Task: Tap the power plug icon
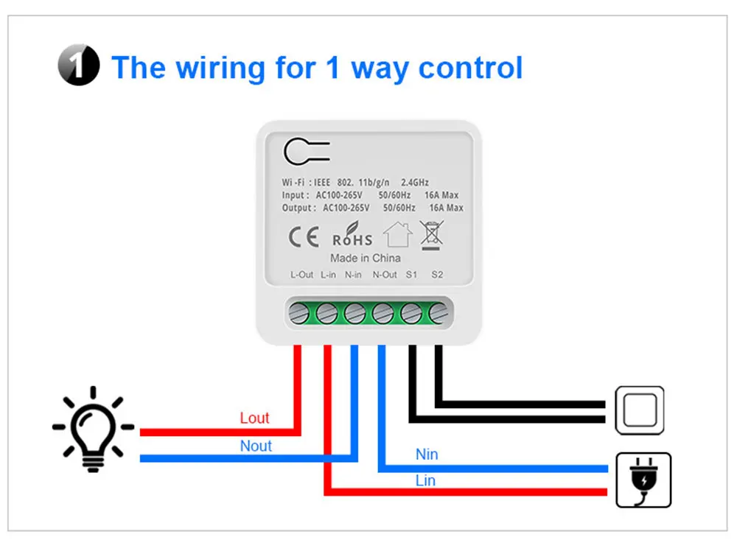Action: (x=643, y=480)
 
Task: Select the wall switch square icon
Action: (x=640, y=410)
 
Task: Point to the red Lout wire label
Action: (x=254, y=418)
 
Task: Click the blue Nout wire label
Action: (x=256, y=446)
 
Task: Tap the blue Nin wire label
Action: (x=427, y=455)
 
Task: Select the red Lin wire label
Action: (x=425, y=481)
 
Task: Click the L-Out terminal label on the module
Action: (x=302, y=275)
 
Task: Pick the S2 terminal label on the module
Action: (x=437, y=275)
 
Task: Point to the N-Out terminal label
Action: (x=385, y=275)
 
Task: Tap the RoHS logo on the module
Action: (x=352, y=236)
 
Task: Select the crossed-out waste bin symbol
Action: (x=430, y=234)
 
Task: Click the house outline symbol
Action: (x=397, y=235)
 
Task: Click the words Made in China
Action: (x=366, y=258)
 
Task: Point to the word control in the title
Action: (x=470, y=68)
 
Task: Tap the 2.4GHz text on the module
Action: (x=414, y=182)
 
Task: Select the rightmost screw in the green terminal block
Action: (x=437, y=313)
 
